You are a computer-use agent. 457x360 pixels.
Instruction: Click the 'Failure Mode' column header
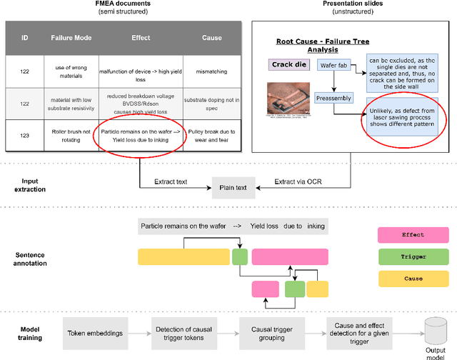pos(69,38)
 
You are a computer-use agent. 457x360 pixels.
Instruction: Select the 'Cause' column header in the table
pos(211,38)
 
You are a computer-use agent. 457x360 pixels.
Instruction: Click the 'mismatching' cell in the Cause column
pos(211,72)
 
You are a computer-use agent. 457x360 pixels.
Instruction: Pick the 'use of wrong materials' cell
pos(69,72)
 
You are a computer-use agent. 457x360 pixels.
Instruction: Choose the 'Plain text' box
pos(231,188)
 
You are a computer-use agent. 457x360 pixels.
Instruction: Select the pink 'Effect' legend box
pos(413,234)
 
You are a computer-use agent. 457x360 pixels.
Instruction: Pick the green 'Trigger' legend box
pos(413,256)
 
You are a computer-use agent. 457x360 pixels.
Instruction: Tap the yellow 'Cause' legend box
pos(413,279)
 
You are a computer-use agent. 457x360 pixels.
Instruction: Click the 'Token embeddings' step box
pos(95,333)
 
